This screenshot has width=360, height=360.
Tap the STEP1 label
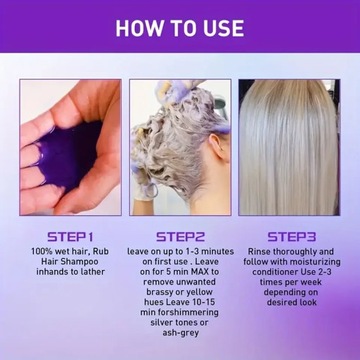[x=64, y=237]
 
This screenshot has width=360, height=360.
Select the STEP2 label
[x=180, y=237]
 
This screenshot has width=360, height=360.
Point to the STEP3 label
[x=296, y=237]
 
